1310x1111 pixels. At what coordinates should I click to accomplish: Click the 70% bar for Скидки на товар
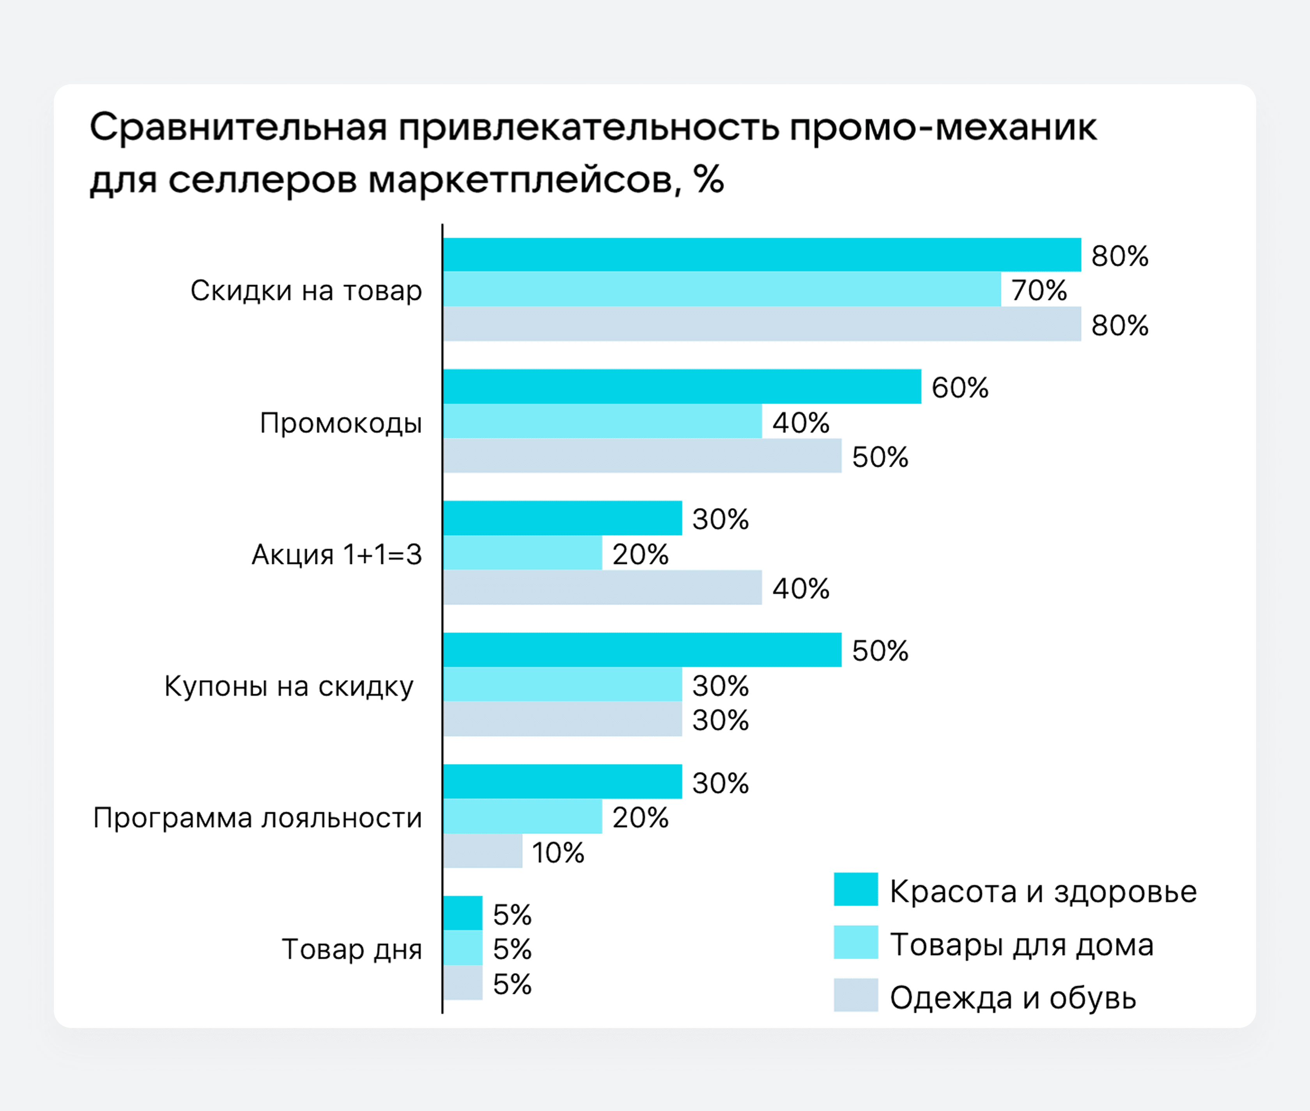pyautogui.click(x=721, y=289)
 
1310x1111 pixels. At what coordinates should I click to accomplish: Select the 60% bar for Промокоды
pyautogui.click(x=682, y=386)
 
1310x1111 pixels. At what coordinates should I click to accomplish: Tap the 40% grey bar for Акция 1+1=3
pyautogui.click(x=602, y=587)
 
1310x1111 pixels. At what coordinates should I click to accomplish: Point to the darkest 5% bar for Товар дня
pyautogui.click(x=462, y=913)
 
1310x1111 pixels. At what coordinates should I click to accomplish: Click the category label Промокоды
pyautogui.click(x=341, y=423)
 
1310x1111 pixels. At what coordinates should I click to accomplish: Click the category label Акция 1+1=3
pyautogui.click(x=336, y=554)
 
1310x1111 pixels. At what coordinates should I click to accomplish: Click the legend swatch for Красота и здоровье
pyautogui.click(x=855, y=889)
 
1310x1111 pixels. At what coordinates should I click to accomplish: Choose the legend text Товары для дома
pyautogui.click(x=1021, y=945)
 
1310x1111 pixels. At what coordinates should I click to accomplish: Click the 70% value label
pyautogui.click(x=1039, y=290)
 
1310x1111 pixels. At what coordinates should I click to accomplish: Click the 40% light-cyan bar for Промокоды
pyautogui.click(x=602, y=421)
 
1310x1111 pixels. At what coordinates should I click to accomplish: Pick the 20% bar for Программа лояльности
pyautogui.click(x=522, y=816)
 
